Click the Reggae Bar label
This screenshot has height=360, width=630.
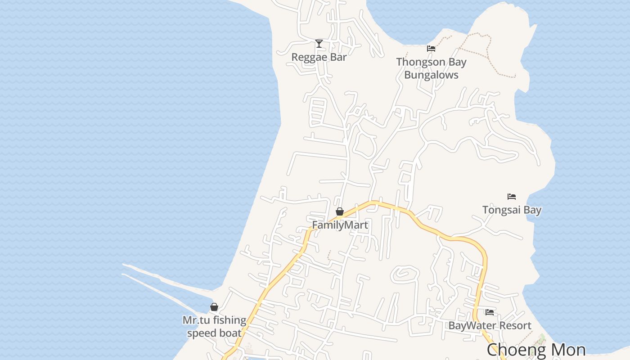point(319,57)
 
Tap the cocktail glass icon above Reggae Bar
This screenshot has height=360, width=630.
point(319,44)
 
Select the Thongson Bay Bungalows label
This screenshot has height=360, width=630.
point(431,68)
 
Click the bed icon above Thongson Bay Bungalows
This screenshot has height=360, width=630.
point(431,49)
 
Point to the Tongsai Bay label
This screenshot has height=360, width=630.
point(512,210)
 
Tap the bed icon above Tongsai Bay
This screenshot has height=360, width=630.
point(512,197)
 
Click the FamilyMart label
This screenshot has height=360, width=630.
point(340,225)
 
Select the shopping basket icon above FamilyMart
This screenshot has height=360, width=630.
point(340,211)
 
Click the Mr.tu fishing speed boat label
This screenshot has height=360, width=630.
point(214,327)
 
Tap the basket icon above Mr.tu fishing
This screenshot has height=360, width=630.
point(214,307)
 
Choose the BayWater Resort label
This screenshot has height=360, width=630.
point(490,325)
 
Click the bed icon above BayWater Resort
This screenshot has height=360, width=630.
point(490,312)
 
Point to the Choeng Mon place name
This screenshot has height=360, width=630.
point(536,350)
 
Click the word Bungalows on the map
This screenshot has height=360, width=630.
point(431,75)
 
